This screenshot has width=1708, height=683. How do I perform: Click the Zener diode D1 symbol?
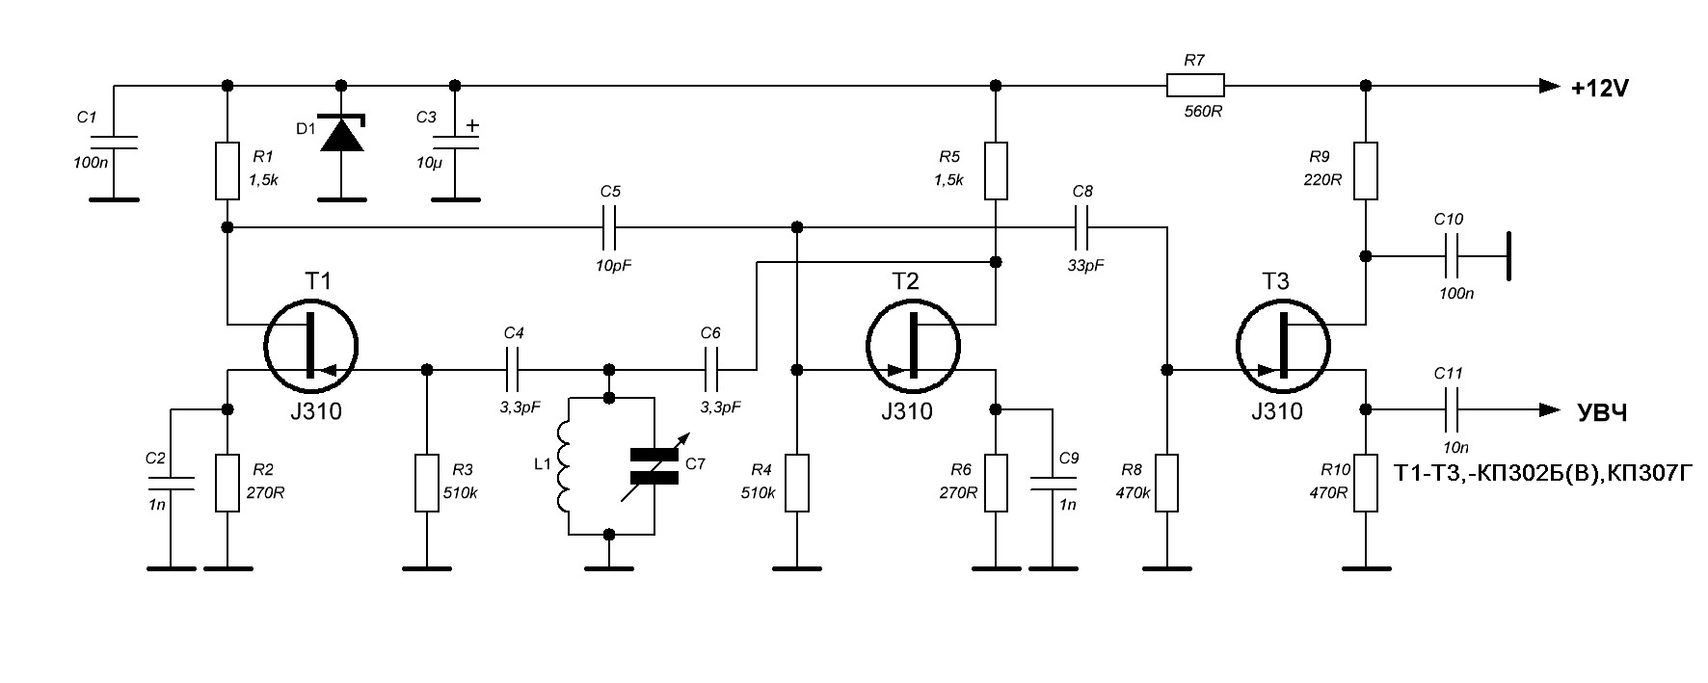[x=342, y=133]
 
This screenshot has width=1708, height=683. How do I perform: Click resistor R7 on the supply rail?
[x=1195, y=86]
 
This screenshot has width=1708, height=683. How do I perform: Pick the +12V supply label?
[x=1599, y=89]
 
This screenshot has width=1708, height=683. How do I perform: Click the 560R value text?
[x=1195, y=111]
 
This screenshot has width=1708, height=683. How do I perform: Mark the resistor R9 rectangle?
[x=1366, y=171]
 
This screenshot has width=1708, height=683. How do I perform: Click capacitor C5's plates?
[x=609, y=228]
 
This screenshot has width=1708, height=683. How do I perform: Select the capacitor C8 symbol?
[x=1082, y=228]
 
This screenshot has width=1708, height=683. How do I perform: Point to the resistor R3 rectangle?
[x=427, y=483]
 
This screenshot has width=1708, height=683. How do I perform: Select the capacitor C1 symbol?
[x=114, y=143]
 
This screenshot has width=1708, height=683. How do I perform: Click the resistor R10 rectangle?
[x=1366, y=483]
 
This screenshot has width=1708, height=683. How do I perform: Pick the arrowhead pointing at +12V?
[x=1549, y=86]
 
